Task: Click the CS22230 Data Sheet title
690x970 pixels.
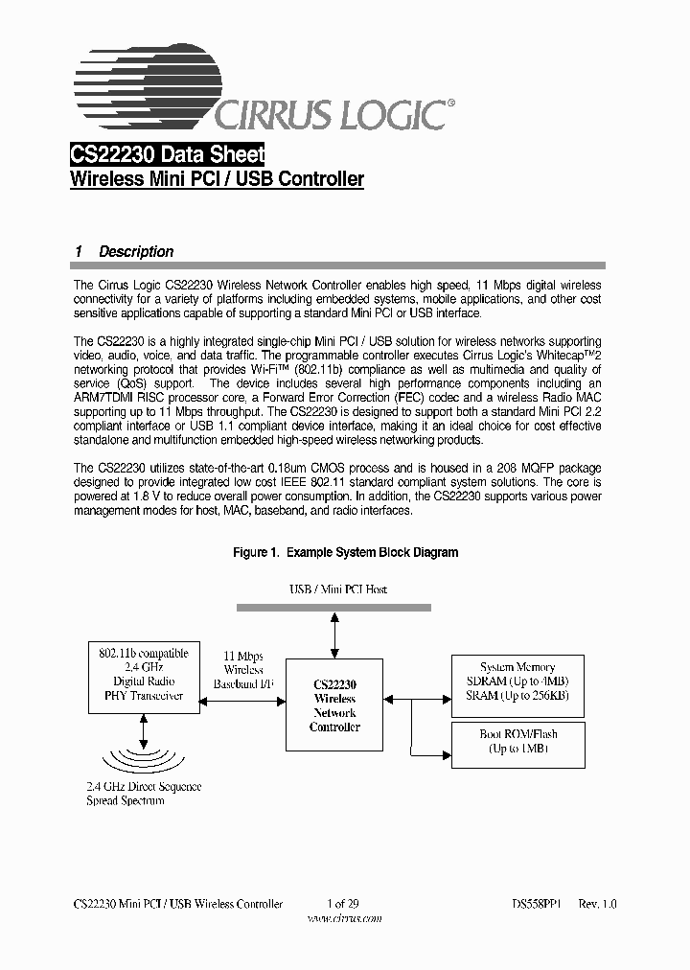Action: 168,154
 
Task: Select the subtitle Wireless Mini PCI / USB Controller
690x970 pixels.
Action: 218,179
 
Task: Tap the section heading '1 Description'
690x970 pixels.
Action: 125,251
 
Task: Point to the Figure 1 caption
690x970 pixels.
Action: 346,552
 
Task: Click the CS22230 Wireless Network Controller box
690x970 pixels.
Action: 333,705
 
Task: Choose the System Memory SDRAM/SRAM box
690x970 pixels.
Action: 517,681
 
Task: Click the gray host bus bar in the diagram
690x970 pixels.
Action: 334,607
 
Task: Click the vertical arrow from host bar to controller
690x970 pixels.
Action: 334,635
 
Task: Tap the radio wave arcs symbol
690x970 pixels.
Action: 143,756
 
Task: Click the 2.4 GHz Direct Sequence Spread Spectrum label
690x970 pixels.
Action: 143,793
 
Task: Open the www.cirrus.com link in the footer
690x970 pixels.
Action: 344,917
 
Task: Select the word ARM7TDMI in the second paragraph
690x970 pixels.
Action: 107,398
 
